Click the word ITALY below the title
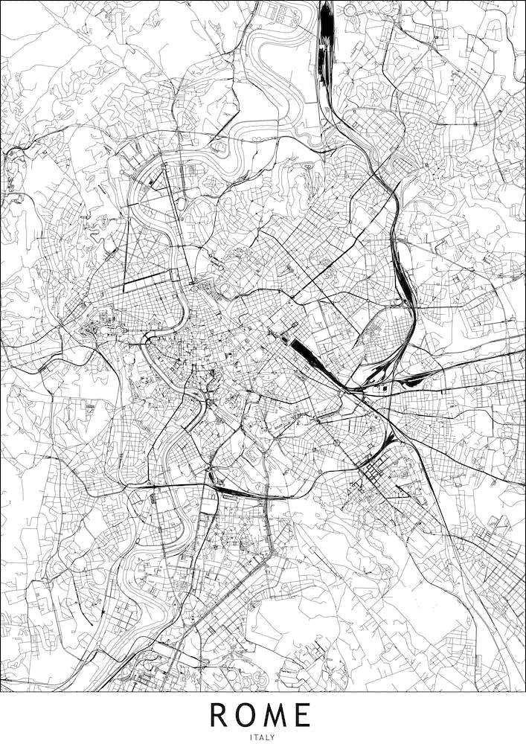click(x=263, y=737)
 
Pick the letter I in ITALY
click(x=252, y=737)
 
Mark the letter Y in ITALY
click(x=274, y=737)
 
